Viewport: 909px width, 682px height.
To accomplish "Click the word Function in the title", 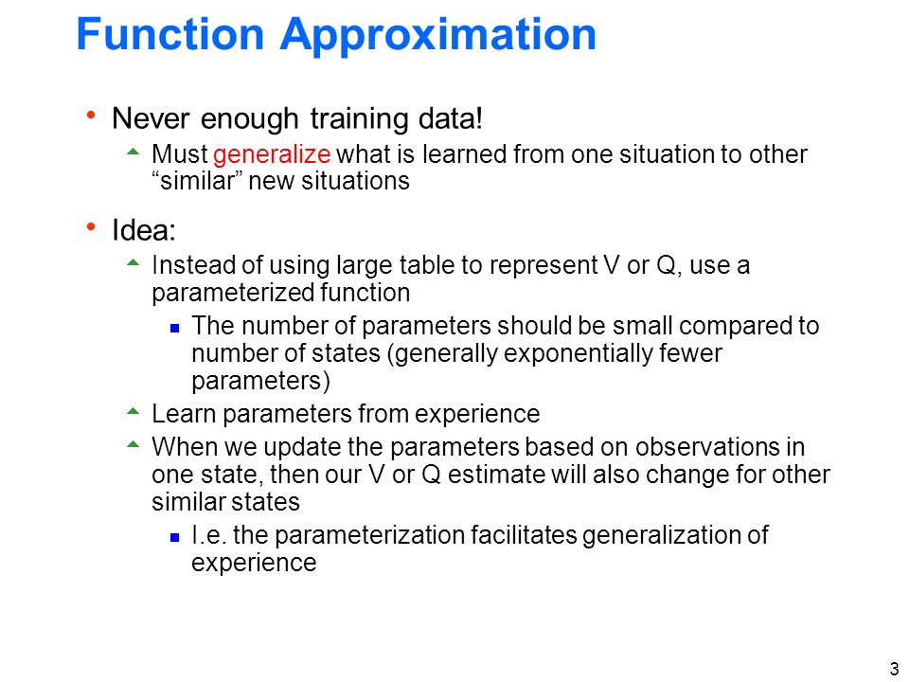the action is [x=170, y=34].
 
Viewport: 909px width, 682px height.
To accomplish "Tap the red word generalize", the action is [x=272, y=154].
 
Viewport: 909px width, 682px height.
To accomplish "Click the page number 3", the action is [x=894, y=668].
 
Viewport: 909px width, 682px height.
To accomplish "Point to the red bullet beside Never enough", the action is [x=91, y=116].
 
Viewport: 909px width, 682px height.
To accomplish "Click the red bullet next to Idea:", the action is [x=91, y=226].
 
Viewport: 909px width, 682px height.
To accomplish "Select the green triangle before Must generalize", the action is [x=134, y=153].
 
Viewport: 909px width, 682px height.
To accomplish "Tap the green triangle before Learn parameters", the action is [x=134, y=412].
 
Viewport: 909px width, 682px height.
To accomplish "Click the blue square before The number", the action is [x=174, y=329].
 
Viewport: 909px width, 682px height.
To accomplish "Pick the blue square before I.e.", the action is [x=174, y=538].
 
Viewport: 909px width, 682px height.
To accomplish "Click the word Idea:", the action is [x=144, y=230].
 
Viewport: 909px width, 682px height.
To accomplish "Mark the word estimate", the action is [x=496, y=475].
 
